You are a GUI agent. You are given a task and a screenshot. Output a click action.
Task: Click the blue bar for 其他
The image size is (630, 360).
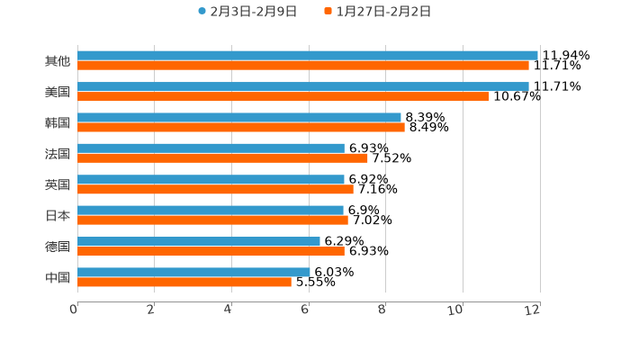[308, 56]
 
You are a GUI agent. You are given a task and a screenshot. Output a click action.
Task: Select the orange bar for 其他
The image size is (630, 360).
[303, 66]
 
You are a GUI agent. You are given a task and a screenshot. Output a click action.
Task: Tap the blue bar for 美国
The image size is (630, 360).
[303, 86]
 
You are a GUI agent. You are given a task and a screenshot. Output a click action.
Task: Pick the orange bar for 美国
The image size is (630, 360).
[283, 96]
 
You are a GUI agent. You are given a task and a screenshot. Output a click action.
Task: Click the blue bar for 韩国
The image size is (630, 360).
[239, 117]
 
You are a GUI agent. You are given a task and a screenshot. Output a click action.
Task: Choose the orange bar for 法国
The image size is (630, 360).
[222, 157]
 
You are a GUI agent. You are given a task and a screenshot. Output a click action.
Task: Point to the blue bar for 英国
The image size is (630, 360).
[211, 179]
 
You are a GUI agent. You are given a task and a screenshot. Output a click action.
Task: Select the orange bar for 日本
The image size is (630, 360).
[212, 220]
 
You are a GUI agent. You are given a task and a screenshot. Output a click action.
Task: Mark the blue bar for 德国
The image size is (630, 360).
[199, 241]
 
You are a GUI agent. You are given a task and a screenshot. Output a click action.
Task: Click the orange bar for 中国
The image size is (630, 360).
[184, 282]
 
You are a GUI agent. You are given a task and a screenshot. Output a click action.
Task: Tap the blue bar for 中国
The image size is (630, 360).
[193, 272]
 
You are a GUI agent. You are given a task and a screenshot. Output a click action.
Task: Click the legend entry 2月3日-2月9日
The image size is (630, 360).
[247, 12]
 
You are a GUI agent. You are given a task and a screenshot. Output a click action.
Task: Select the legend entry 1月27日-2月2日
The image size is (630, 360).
[377, 12]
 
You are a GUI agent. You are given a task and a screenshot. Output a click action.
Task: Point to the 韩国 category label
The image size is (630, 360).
[58, 122]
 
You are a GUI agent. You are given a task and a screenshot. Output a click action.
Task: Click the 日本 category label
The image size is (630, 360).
[58, 215]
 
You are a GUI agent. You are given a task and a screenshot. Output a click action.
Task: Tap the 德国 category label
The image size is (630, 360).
[58, 246]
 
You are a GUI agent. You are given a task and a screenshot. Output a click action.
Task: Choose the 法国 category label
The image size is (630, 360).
[58, 153]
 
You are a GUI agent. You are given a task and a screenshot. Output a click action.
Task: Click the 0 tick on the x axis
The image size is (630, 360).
[75, 310]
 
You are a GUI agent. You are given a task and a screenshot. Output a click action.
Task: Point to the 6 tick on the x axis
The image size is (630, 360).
[306, 310]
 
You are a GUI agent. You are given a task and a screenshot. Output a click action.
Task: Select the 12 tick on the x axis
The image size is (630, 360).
[534, 310]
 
